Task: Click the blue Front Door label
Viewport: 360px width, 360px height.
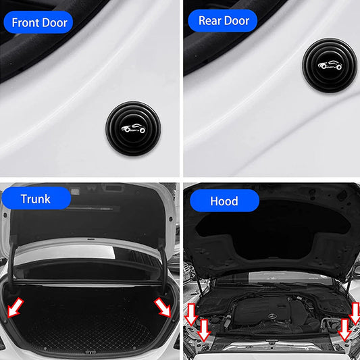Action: [39, 22]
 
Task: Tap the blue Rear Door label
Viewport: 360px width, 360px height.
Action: [223, 20]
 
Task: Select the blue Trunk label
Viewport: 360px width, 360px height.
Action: [36, 199]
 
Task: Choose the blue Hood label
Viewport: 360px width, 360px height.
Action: [224, 201]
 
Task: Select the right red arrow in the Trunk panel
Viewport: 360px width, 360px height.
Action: [163, 307]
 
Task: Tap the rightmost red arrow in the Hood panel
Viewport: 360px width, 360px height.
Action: [355, 313]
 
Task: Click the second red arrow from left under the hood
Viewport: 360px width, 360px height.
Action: [204, 330]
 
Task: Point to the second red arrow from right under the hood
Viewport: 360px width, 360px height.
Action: [344, 330]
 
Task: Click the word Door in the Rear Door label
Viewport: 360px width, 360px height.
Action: [236, 20]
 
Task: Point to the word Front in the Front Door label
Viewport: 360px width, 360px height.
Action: [25, 22]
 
